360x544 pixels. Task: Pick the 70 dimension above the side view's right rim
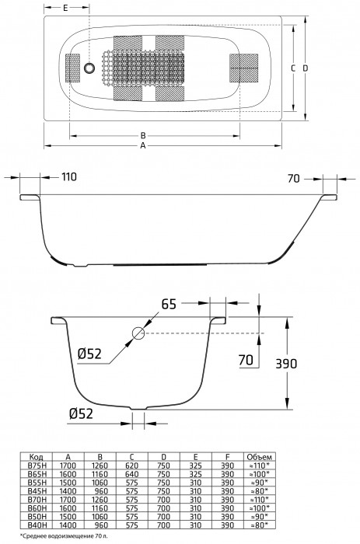pos(293,177)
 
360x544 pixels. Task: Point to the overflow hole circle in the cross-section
pos(138,333)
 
